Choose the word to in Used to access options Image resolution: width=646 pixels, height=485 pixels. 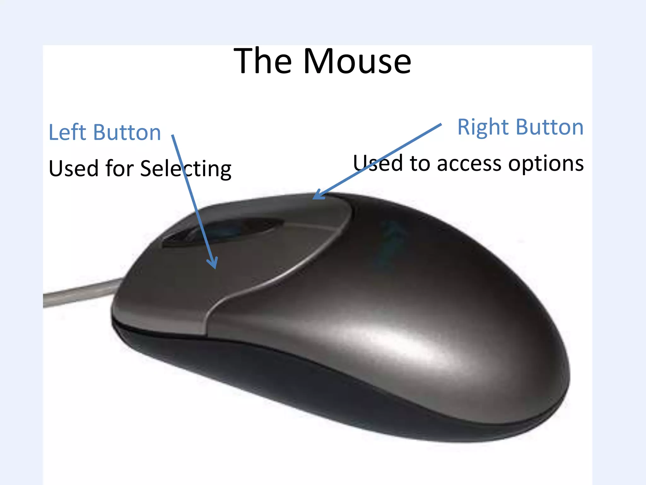click(420, 164)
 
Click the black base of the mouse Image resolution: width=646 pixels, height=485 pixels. click(252, 369)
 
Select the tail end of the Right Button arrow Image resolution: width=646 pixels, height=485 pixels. click(440, 125)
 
